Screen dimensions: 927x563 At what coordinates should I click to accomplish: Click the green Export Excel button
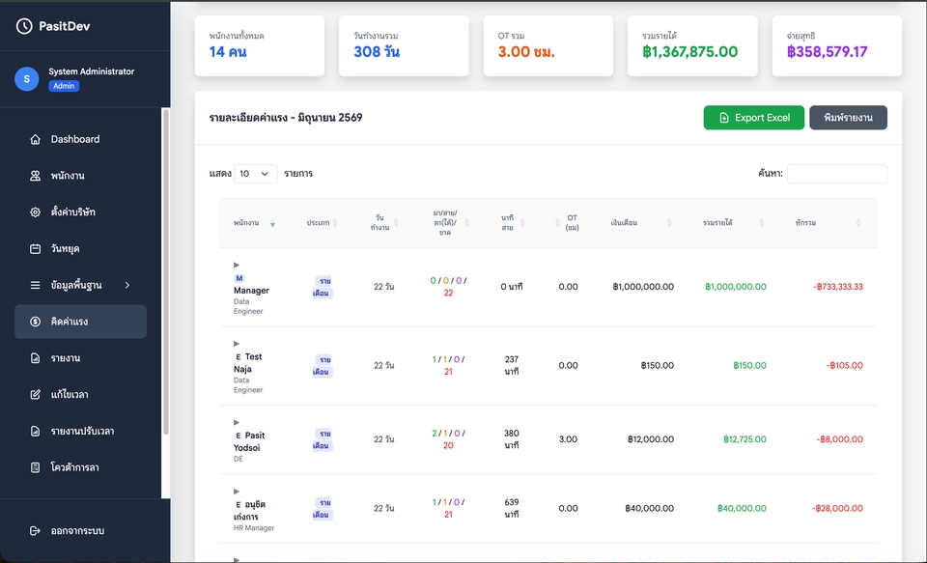tap(754, 118)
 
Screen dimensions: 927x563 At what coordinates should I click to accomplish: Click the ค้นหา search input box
tap(837, 174)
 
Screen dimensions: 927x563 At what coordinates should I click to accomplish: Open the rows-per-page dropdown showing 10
tap(255, 174)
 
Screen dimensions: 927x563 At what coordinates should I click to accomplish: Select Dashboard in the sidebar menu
tap(75, 139)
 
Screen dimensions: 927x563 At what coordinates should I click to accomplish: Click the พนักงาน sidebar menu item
tap(68, 176)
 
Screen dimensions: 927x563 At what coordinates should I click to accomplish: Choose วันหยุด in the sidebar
tap(65, 248)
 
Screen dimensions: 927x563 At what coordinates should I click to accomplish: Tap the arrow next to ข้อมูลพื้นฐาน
tap(127, 285)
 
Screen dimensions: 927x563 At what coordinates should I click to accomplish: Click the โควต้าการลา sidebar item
tap(74, 467)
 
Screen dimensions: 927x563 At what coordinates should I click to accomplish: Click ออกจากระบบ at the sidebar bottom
tap(77, 530)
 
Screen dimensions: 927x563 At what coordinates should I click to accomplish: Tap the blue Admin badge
tap(64, 86)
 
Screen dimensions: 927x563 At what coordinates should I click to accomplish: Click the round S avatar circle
tap(27, 78)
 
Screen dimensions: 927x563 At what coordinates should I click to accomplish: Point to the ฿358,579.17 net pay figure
tap(828, 52)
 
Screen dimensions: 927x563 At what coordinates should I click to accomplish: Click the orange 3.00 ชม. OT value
tap(526, 52)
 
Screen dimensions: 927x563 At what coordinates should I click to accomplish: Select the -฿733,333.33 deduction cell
tap(838, 287)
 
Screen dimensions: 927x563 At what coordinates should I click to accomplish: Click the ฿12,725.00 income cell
tap(744, 439)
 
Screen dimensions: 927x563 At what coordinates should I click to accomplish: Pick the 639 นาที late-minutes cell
tap(512, 508)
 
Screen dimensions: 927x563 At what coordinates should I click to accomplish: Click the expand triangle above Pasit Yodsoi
tap(237, 422)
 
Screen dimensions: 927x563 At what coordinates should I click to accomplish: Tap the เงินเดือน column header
tap(625, 223)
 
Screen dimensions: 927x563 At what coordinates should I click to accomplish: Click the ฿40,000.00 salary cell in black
tap(649, 508)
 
